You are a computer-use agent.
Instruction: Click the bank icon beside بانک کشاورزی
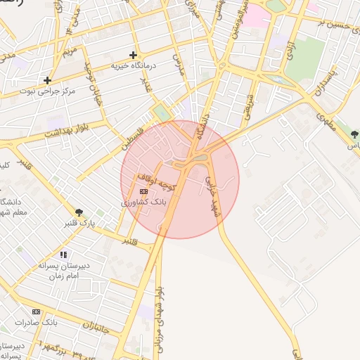click(x=143, y=191)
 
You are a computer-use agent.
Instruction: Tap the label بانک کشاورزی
click(x=143, y=202)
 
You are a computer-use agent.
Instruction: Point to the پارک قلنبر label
click(x=78, y=223)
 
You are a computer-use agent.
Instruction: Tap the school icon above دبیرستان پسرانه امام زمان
click(x=63, y=255)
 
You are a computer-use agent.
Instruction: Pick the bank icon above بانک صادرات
click(x=36, y=311)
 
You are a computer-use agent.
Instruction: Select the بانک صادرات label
click(x=40, y=322)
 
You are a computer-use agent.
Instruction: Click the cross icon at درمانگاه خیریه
click(x=133, y=55)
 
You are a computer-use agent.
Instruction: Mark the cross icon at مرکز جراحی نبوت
click(x=47, y=80)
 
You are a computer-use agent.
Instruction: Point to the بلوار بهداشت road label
click(x=66, y=129)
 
